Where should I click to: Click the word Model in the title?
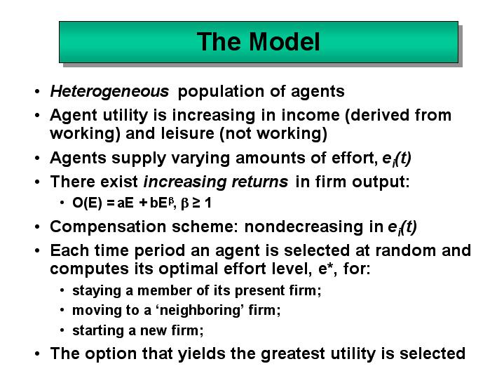[x=285, y=42]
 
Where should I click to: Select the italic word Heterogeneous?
[x=109, y=92]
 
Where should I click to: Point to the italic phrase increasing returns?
[x=216, y=182]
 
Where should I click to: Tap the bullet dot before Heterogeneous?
[x=37, y=92]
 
